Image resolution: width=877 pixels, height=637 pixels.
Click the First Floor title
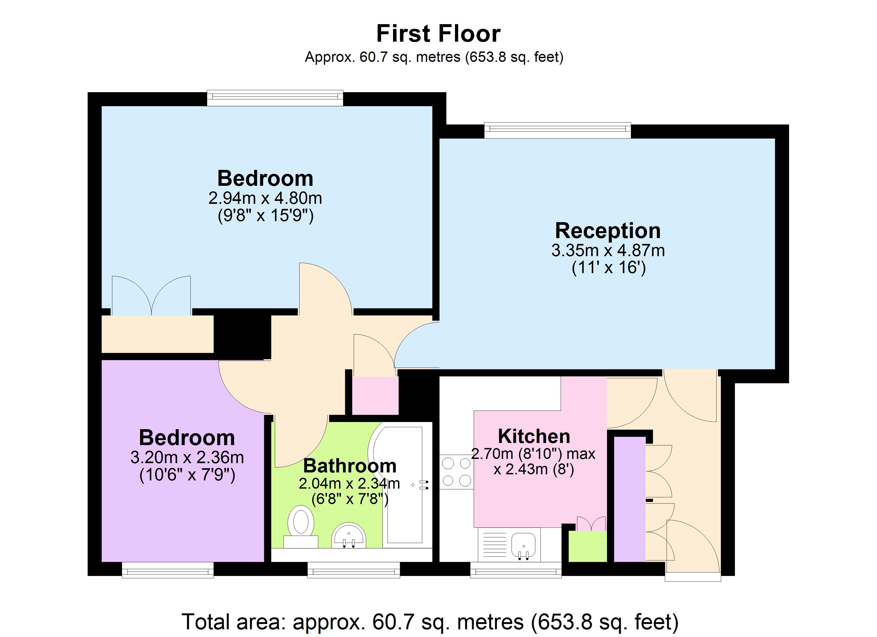[438, 34]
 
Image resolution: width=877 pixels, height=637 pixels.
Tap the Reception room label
[608, 231]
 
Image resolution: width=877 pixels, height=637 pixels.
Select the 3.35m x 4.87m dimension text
[608, 250]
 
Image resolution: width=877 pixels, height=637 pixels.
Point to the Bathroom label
[349, 466]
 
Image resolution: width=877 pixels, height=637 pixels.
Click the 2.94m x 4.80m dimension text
[265, 198]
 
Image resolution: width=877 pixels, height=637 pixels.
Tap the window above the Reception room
[557, 131]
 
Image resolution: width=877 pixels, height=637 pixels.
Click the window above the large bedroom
[275, 98]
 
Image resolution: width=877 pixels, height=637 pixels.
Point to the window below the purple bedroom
[168, 570]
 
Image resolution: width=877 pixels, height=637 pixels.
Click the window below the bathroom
[353, 570]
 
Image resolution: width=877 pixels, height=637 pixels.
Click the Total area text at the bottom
[430, 622]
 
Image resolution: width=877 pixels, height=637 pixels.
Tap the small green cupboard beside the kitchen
[587, 546]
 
